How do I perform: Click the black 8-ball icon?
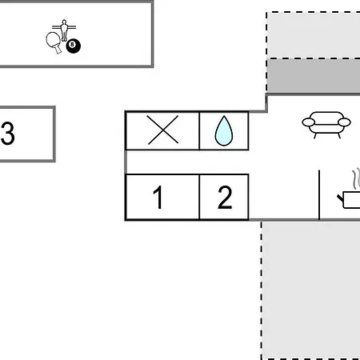click(74, 46)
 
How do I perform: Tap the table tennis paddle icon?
click(54, 42)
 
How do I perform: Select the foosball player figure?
click(64, 30)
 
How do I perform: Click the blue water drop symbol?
click(224, 130)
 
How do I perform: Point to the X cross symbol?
click(163, 130)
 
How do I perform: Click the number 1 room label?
click(158, 197)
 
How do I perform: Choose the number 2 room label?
click(225, 197)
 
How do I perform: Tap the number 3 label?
click(7, 134)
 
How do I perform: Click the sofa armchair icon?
click(326, 125)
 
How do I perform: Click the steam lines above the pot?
click(356, 178)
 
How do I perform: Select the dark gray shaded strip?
click(314, 76)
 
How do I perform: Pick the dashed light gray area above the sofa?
click(314, 35)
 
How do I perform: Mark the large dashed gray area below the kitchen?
click(310, 290)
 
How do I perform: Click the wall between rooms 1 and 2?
click(199, 197)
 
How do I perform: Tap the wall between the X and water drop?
click(199, 130)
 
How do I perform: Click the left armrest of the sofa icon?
click(309, 122)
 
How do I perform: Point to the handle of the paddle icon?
click(58, 50)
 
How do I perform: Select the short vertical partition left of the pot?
click(319, 194)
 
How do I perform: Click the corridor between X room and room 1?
click(187, 162)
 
